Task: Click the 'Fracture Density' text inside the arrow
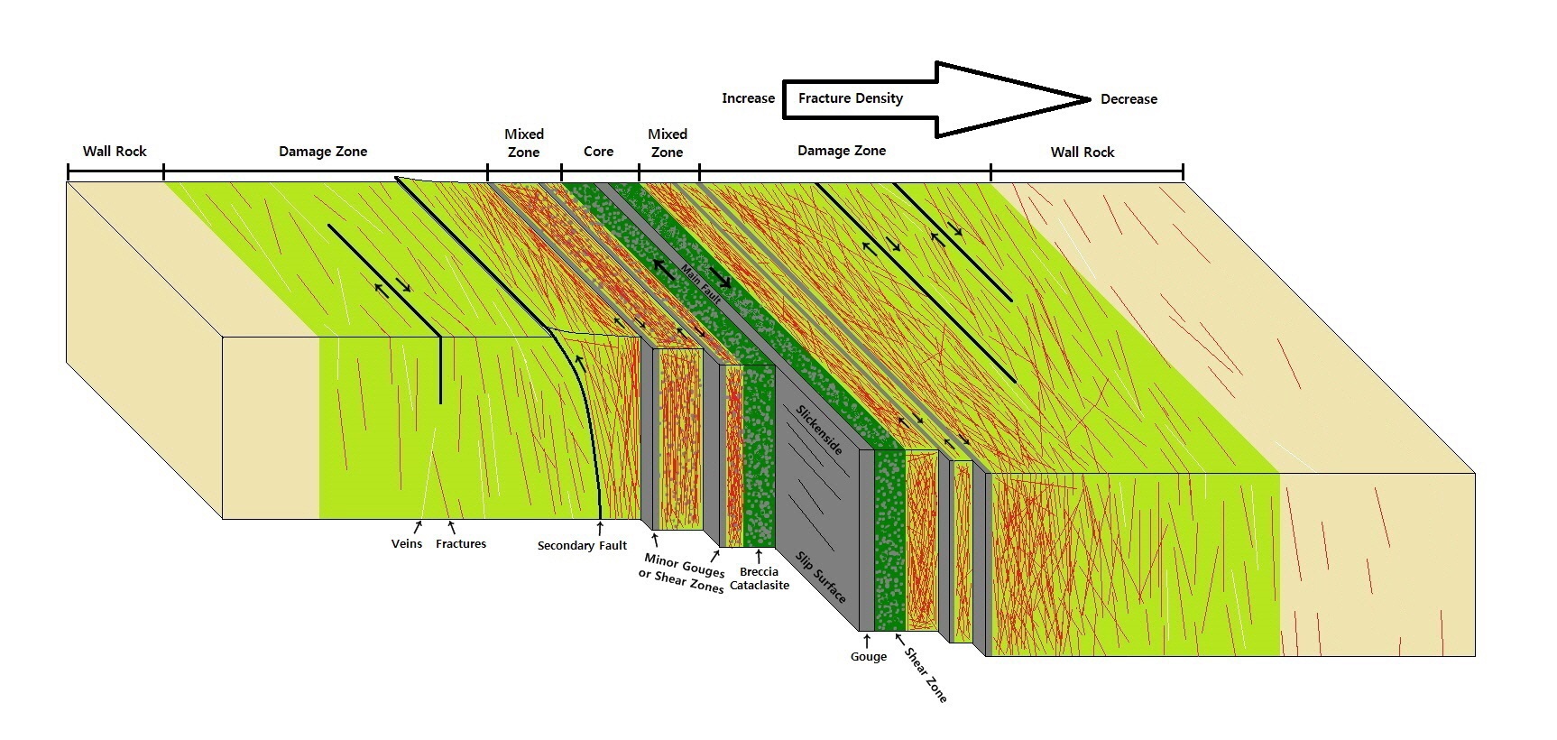pos(850,98)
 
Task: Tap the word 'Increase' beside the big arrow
pos(748,98)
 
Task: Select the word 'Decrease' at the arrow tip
pos(1129,99)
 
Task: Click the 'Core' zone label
pos(598,152)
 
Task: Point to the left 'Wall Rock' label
pos(115,152)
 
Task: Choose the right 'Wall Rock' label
pos(1082,153)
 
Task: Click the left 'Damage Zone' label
pos(323,152)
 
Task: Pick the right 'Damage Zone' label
pos(841,151)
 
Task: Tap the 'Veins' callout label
pos(407,544)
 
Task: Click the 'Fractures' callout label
pos(461,544)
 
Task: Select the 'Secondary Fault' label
pos(582,546)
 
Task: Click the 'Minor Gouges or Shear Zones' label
pos(684,574)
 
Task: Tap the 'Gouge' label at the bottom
pos(868,657)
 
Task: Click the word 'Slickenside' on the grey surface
pos(818,429)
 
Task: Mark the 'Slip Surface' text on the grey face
pos(821,577)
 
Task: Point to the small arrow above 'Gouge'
pos(867,641)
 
